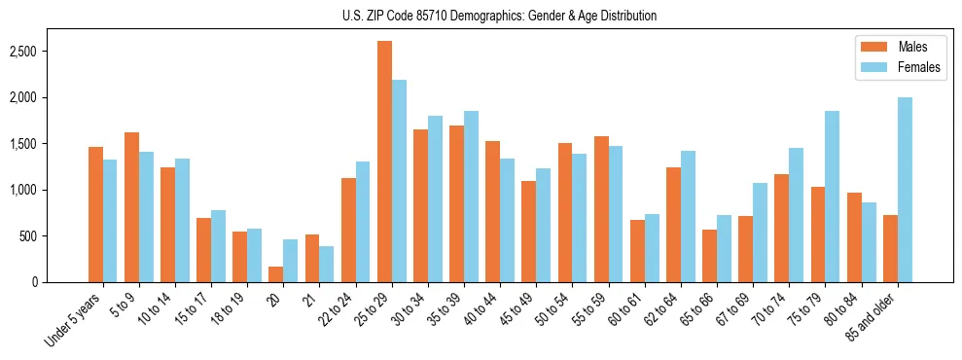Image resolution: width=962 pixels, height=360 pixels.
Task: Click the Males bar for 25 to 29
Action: pos(385,162)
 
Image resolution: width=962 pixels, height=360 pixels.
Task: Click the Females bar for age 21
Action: pos(327,264)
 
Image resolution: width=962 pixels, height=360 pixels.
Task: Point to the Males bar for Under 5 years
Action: pos(95,215)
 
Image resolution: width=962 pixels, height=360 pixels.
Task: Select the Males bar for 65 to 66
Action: pos(710,256)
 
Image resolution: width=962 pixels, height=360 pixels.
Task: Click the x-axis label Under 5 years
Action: pos(74,320)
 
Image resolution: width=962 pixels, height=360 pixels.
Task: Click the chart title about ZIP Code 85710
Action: pos(500,16)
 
